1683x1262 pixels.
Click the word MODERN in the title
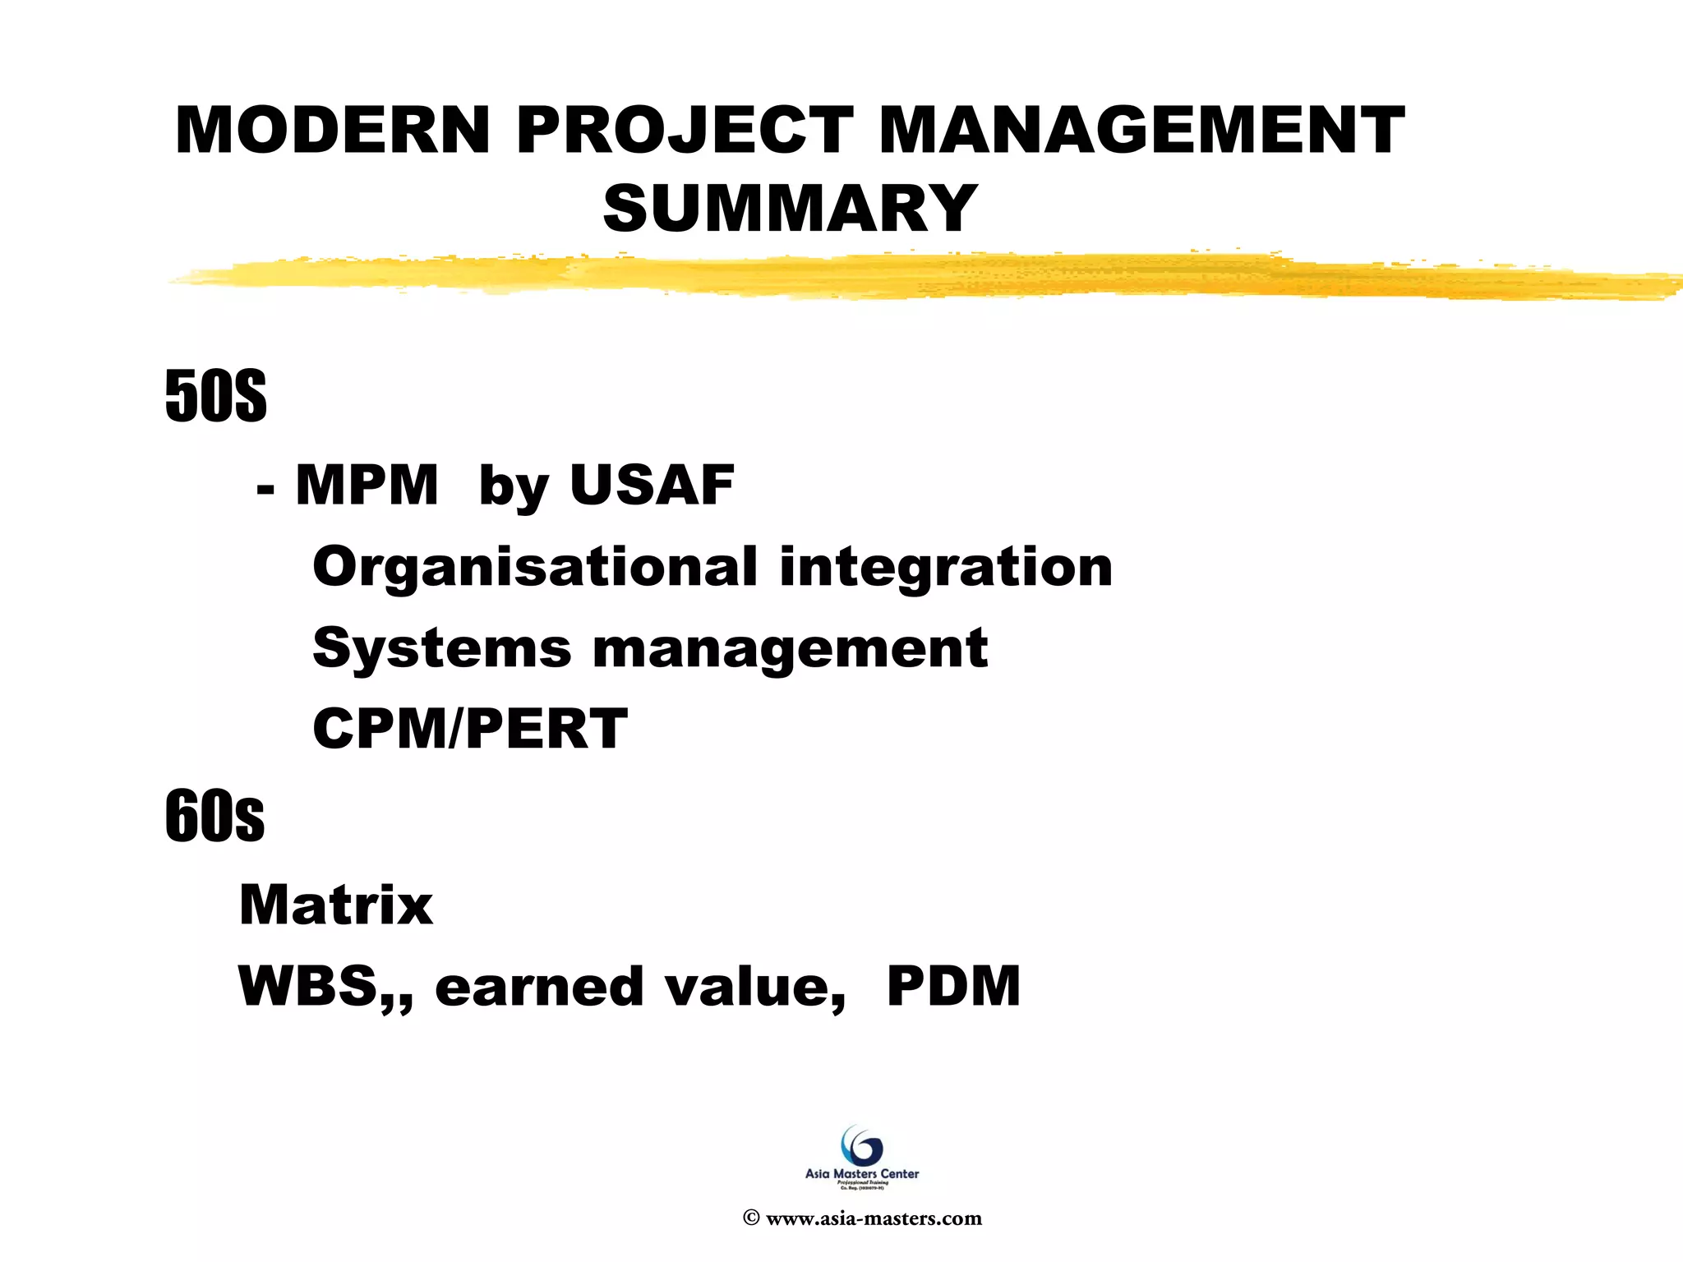pyautogui.click(x=333, y=131)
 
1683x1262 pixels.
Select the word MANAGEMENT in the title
pyautogui.click(x=1142, y=131)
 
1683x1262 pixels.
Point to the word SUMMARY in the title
pyautogui.click(x=790, y=209)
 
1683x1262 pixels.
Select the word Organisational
pyautogui.click(x=535, y=567)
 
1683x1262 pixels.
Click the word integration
pyautogui.click(x=946, y=567)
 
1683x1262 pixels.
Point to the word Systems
pyautogui.click(x=442, y=647)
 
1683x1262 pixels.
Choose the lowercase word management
pyautogui.click(x=790, y=649)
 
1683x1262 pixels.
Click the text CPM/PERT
pyautogui.click(x=470, y=729)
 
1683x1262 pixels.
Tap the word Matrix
pyautogui.click(x=335, y=905)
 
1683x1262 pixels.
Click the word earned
pyautogui.click(x=539, y=986)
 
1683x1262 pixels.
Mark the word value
pyautogui.click(x=753, y=986)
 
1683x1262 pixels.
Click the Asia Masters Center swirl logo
pyautogui.click(x=862, y=1146)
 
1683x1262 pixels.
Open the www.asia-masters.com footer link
pyautogui.click(x=873, y=1218)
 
